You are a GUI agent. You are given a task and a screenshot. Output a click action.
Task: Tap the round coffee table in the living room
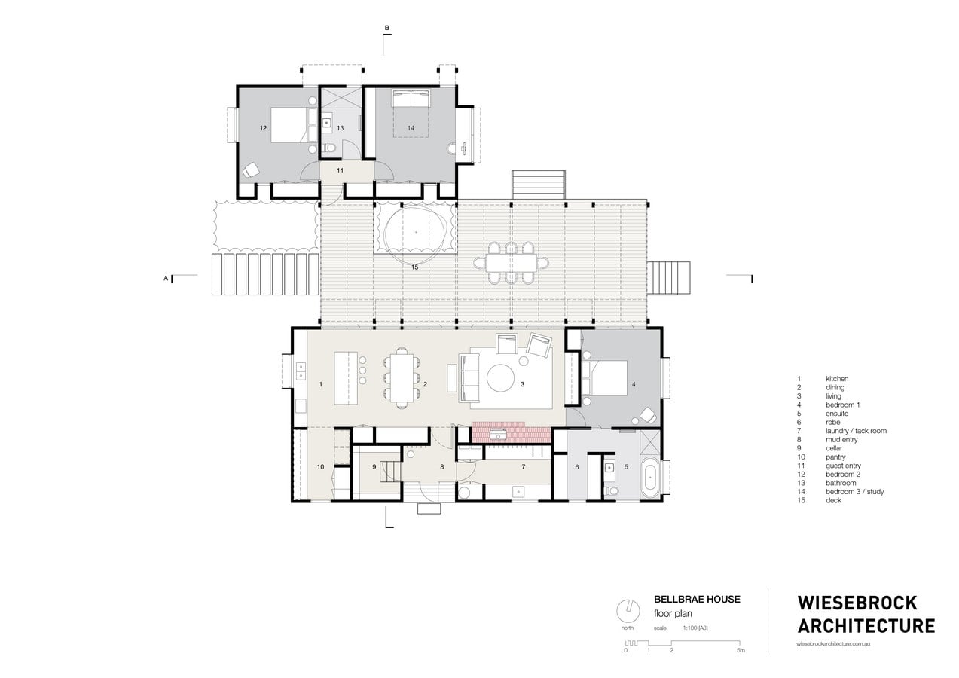(500, 378)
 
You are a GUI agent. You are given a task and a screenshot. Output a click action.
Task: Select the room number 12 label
(263, 128)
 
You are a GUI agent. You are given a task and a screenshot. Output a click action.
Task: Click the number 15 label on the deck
(414, 267)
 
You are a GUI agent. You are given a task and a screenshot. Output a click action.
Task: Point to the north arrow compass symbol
(628, 611)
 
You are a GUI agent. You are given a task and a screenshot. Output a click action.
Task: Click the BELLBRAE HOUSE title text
(697, 599)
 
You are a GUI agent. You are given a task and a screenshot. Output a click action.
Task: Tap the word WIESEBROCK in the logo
(857, 603)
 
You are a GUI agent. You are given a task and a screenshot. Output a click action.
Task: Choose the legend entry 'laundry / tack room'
(856, 431)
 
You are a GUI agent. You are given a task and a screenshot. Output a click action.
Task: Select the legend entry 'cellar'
(834, 448)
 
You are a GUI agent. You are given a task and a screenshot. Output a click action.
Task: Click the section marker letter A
(166, 278)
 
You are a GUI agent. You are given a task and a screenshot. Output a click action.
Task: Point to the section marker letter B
(387, 29)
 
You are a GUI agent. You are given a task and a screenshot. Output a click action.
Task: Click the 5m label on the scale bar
(741, 650)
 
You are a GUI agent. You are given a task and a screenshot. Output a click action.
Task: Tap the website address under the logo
(833, 643)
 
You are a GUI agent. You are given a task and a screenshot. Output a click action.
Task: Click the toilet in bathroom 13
(329, 148)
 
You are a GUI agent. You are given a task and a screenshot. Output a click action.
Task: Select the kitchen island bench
(346, 378)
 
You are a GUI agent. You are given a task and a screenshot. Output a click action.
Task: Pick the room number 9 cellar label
(374, 467)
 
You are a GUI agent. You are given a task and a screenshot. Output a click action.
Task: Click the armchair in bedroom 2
(251, 170)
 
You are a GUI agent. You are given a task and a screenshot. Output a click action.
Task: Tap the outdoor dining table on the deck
(511, 262)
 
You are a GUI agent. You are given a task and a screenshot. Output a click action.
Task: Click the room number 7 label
(523, 466)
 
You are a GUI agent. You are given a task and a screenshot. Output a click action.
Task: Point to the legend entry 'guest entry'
(843, 466)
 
